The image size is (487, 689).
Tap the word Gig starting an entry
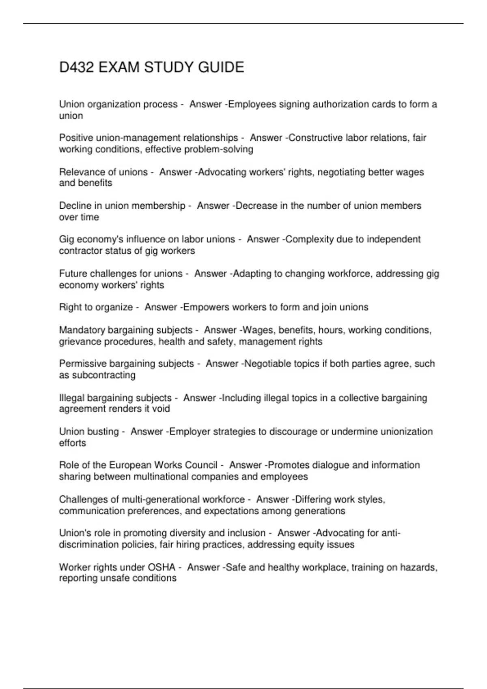[x=67, y=240]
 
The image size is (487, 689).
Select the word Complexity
[x=310, y=240]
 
